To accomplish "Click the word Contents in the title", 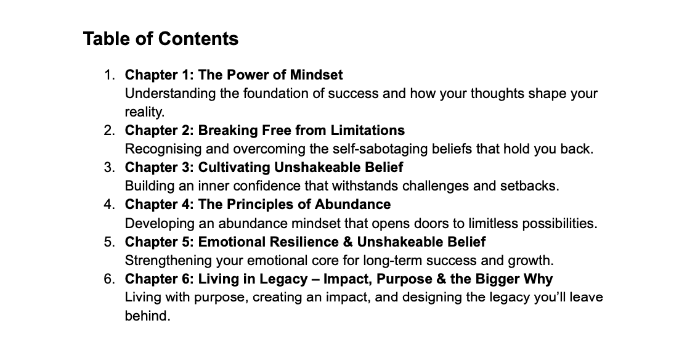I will (198, 39).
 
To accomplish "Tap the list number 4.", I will (108, 205).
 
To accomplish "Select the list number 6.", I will (108, 279).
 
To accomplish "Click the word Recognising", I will (163, 150).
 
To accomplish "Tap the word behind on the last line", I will (146, 316).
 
